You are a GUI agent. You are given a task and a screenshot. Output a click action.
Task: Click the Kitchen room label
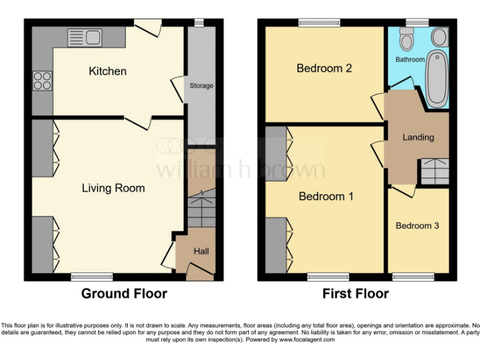[107, 71]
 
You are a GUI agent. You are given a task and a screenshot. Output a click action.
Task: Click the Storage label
[201, 86]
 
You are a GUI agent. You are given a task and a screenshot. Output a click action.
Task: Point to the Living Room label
[113, 187]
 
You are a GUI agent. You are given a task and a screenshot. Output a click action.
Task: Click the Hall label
[201, 251]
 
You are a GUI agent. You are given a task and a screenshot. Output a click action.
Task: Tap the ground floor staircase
[201, 212]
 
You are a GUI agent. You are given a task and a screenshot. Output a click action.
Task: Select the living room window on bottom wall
[92, 276]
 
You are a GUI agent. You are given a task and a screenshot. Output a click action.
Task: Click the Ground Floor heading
[124, 294]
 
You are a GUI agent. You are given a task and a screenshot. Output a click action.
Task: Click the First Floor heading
[355, 294]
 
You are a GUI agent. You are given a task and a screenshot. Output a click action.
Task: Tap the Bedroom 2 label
[324, 68]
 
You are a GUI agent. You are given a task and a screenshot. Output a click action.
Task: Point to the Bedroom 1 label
[326, 196]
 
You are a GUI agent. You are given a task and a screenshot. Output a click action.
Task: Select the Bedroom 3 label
[417, 226]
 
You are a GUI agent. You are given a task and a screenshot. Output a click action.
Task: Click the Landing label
[417, 137]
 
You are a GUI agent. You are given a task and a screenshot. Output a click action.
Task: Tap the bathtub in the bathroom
[437, 78]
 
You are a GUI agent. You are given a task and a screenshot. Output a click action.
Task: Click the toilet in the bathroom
[407, 41]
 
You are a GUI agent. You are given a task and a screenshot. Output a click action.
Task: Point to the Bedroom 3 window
[412, 276]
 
